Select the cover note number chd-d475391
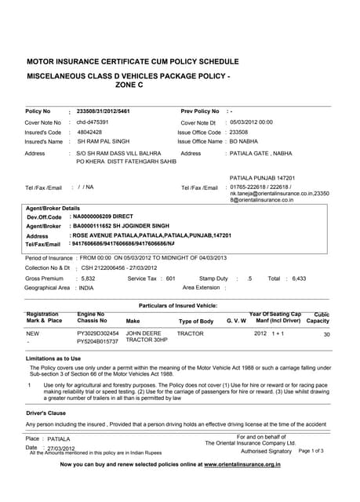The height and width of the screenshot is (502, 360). pyautogui.click(x=92, y=122)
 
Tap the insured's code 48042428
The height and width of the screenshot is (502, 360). pyautogui.click(x=90, y=132)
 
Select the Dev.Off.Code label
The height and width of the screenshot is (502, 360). pyautogui.click(x=44, y=216)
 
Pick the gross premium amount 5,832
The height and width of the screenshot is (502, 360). pyautogui.click(x=89, y=278)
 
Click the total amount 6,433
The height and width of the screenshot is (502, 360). pyautogui.click(x=298, y=278)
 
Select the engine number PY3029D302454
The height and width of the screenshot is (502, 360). pyautogui.click(x=98, y=333)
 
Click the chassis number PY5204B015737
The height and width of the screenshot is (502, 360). pyautogui.click(x=97, y=342)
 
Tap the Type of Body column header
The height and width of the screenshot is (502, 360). pyautogui.click(x=196, y=321)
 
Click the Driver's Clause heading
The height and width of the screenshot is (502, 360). pyautogui.click(x=46, y=412)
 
